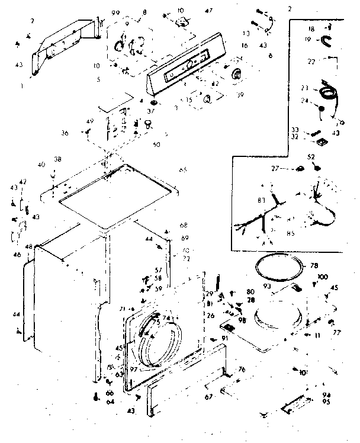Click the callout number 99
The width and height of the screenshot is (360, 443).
(114, 12)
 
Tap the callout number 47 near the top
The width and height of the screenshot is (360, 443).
(208, 11)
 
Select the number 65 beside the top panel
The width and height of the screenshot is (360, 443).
(182, 170)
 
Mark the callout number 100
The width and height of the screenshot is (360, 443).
(322, 277)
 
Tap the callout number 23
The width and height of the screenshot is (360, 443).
(304, 88)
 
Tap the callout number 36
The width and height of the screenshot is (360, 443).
(81, 133)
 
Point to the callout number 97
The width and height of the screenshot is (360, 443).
(134, 370)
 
